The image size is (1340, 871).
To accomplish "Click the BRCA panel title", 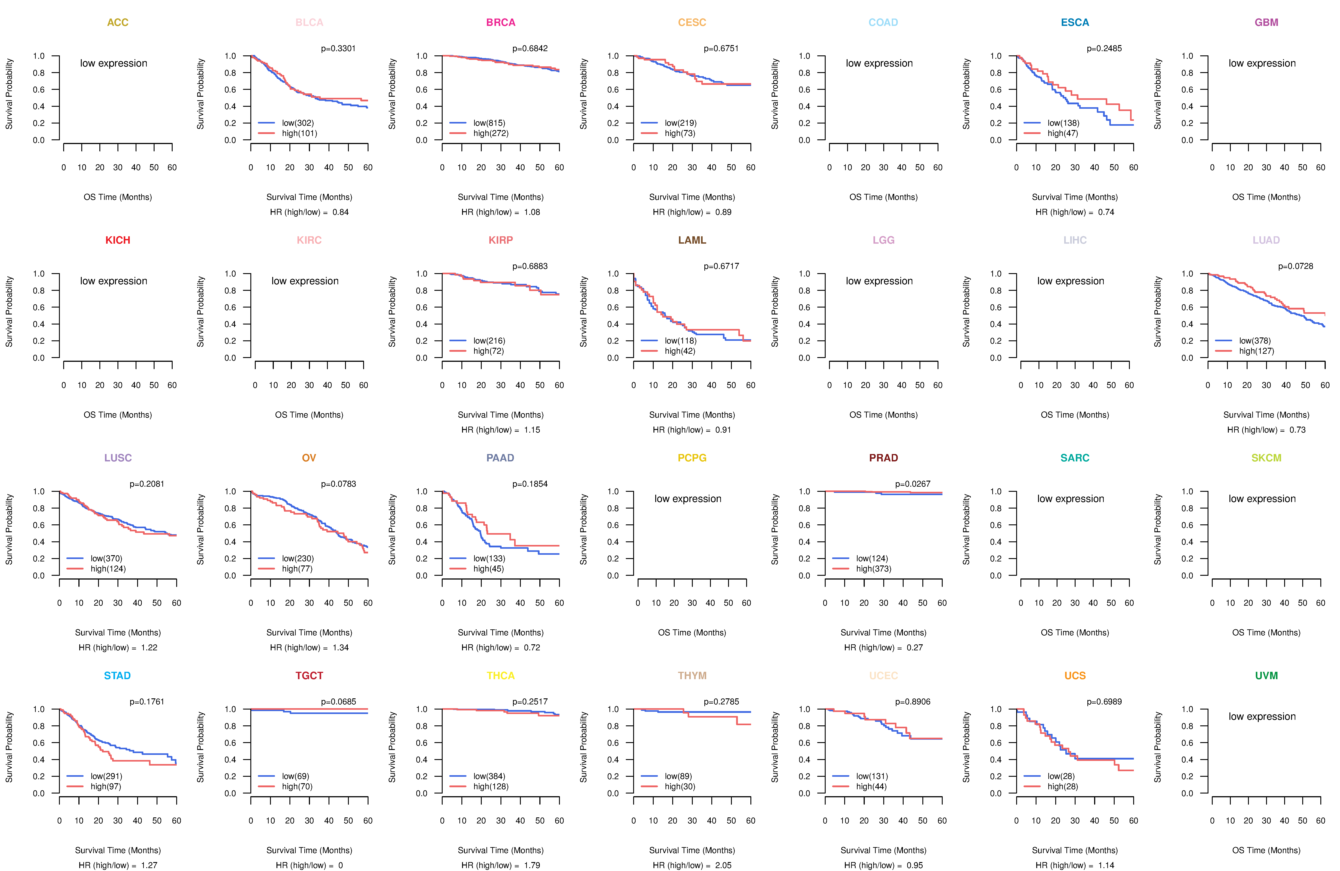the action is [500, 23].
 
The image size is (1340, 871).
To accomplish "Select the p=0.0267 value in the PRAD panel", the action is [913, 484].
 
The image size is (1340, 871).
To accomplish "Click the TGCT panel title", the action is [309, 676].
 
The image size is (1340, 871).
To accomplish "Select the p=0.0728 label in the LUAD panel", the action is [1296, 266].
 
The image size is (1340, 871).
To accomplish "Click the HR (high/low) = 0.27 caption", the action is [883, 647].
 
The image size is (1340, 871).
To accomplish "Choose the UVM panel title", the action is [1266, 676].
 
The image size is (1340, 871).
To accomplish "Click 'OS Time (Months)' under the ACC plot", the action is [118, 197].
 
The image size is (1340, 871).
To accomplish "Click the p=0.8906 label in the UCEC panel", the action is [913, 701].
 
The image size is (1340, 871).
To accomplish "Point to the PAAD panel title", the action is [500, 458].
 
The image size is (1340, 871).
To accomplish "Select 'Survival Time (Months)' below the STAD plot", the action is [118, 850].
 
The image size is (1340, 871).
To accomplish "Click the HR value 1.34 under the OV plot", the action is [341, 647].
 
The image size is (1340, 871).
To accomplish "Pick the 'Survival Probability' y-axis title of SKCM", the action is [1158, 529].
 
